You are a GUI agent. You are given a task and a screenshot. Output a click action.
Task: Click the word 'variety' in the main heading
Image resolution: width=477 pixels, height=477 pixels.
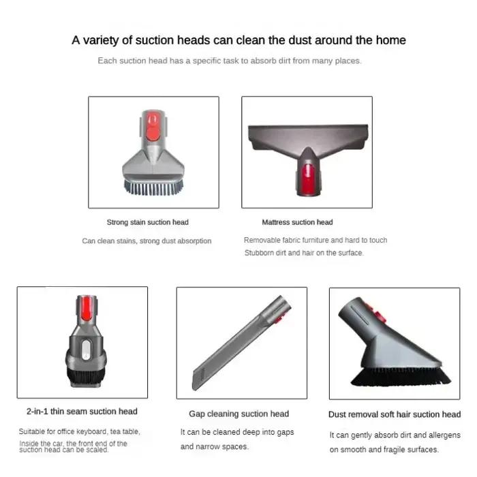100,40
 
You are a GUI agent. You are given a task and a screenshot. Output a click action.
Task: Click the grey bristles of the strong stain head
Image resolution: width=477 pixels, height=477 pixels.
153,187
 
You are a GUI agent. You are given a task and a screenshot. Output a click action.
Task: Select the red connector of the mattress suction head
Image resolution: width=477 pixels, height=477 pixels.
308,179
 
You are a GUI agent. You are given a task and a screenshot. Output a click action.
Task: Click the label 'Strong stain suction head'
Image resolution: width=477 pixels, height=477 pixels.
148,222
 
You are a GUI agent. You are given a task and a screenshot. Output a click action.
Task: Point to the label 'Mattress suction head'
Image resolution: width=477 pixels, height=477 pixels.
297,222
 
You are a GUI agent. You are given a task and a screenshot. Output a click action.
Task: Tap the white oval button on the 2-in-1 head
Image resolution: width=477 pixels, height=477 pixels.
87,350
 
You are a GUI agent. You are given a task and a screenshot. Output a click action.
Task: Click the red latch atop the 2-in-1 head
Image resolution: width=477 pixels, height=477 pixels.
87,308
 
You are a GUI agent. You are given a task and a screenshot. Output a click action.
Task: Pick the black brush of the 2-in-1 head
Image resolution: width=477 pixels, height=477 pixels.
86,376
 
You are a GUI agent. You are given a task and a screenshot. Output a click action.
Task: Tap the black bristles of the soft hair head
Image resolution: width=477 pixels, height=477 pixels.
401,377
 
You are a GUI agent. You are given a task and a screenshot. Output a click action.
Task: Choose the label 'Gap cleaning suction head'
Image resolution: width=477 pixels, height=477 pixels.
238,414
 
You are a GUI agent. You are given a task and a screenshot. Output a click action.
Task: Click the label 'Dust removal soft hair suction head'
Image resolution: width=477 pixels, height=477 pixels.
395,414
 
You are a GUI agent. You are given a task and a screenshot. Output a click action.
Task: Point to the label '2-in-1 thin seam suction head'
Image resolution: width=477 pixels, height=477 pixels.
82,412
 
